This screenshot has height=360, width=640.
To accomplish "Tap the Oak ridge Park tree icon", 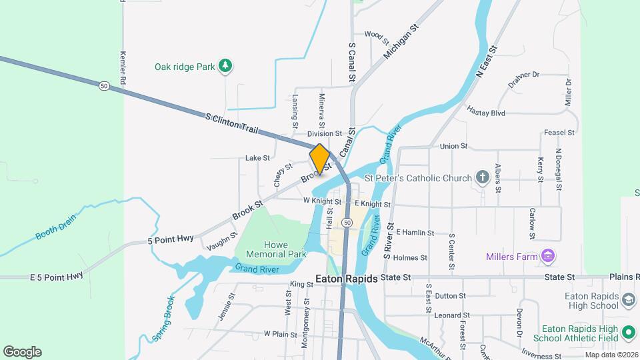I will (227, 65).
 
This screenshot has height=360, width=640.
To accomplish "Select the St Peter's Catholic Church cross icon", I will (482, 177).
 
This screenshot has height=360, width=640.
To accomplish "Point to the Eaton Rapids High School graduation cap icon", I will (628, 300).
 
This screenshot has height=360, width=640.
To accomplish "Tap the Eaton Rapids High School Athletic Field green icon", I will (628, 332).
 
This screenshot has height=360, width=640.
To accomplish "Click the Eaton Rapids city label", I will (346, 279).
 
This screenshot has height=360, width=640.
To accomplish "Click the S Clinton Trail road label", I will (231, 123).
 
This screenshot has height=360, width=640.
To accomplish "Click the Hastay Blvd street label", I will (486, 112).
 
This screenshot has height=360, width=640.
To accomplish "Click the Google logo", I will (22, 352).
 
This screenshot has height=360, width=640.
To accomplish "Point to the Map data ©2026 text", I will (611, 355).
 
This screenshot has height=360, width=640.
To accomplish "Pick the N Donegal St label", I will (559, 168).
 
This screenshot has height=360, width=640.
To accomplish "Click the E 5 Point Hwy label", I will (57, 275).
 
